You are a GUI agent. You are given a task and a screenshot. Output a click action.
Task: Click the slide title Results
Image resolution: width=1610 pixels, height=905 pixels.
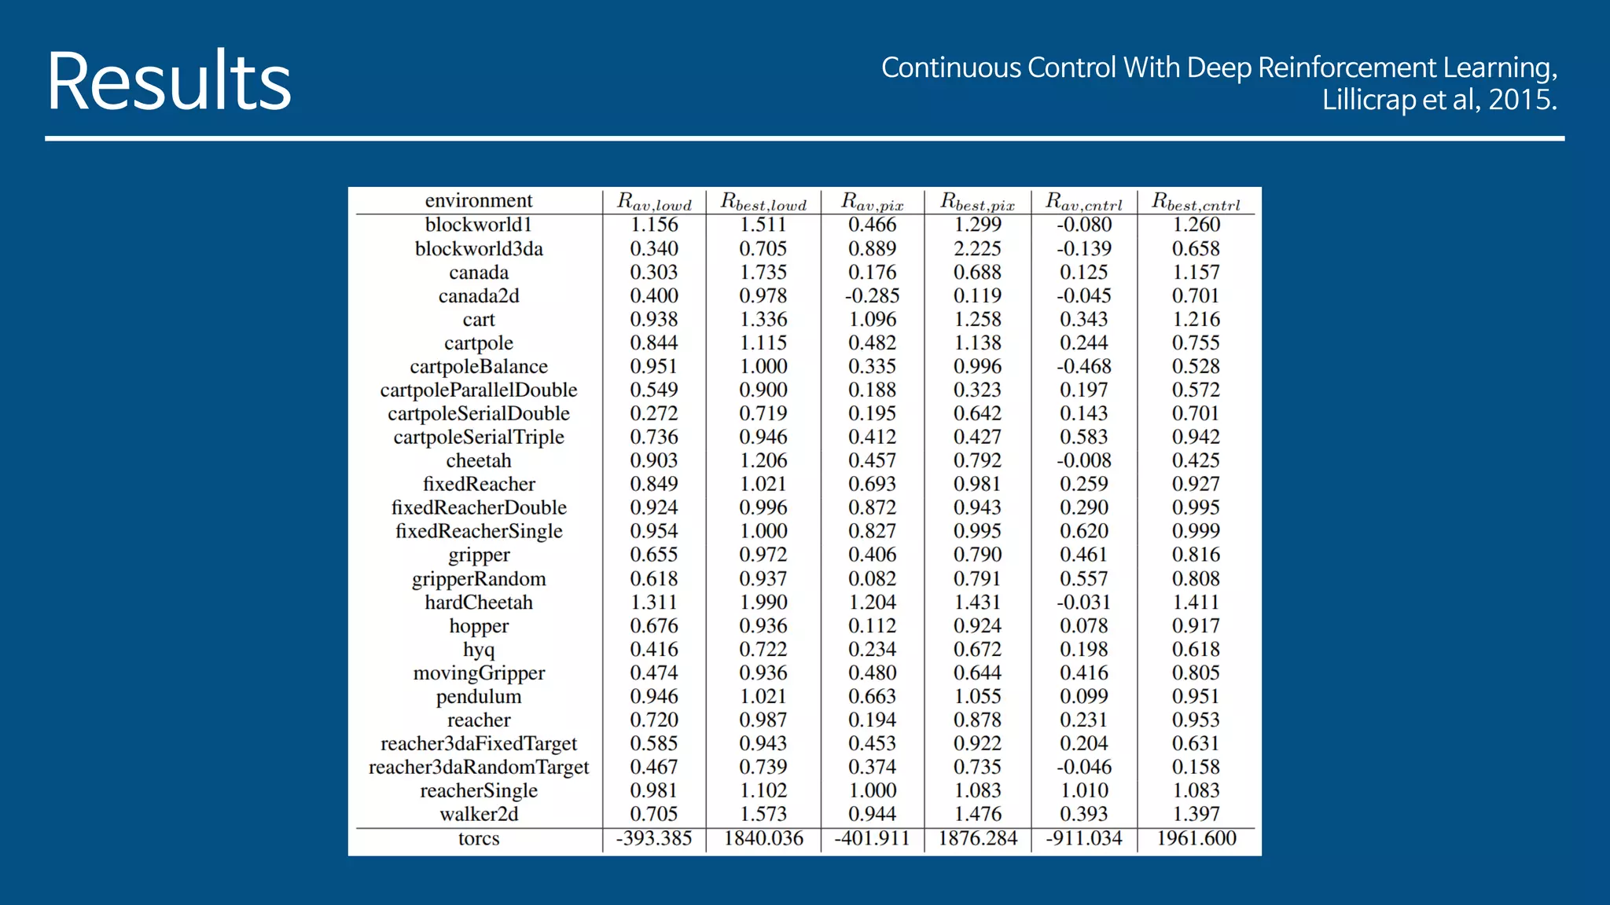(x=168, y=82)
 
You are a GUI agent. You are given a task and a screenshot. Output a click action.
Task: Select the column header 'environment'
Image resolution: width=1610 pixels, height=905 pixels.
(x=478, y=200)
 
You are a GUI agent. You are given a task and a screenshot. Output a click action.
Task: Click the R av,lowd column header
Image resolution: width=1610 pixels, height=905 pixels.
(x=654, y=202)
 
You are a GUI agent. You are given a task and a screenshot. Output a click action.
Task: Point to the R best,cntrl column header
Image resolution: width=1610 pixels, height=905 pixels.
(x=1196, y=202)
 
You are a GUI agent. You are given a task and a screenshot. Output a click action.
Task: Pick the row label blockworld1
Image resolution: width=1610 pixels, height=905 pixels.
(x=478, y=225)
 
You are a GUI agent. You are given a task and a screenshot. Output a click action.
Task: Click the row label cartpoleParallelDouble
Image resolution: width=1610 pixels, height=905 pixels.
(x=478, y=390)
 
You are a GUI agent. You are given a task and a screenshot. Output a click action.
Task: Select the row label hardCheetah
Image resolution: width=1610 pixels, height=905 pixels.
(x=478, y=603)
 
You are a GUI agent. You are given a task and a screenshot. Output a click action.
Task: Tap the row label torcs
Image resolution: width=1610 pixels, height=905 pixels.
(x=478, y=839)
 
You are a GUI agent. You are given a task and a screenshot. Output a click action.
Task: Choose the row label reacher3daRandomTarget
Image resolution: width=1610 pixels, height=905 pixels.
(x=478, y=768)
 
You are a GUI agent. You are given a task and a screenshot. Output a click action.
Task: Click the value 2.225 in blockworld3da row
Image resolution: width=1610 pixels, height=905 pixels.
(x=977, y=249)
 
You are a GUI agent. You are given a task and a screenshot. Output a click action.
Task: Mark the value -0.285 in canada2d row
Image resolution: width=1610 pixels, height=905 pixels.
(x=872, y=296)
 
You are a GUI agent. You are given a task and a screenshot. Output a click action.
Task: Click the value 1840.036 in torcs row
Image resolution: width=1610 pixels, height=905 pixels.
(x=763, y=839)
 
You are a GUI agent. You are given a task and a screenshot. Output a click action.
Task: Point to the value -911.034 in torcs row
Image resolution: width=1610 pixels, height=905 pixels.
(x=1083, y=839)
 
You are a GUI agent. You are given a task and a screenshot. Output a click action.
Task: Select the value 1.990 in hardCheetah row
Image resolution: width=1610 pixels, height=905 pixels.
(x=763, y=603)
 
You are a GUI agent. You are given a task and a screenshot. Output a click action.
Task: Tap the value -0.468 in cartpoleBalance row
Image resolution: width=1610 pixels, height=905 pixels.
(x=1083, y=367)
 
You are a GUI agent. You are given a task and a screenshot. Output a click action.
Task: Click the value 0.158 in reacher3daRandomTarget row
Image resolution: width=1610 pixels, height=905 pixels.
(x=1196, y=768)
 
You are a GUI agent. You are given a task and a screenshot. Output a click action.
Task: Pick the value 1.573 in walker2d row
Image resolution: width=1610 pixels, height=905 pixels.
(x=763, y=815)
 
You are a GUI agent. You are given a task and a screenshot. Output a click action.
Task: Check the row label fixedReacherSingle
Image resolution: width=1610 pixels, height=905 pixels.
(x=478, y=532)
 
